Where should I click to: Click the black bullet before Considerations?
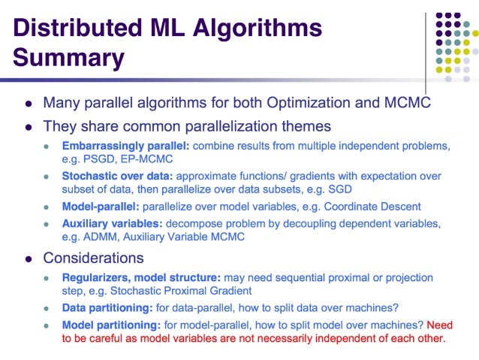(x=29, y=259)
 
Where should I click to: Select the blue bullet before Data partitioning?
(x=47, y=308)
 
